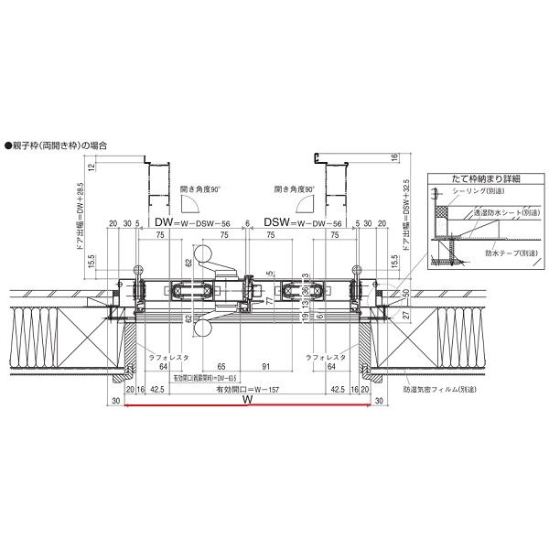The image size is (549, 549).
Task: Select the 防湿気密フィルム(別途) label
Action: (443, 390)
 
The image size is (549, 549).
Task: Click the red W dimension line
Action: (246, 409)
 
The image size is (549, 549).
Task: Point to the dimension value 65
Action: (221, 366)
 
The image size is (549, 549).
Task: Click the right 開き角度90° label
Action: (295, 189)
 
